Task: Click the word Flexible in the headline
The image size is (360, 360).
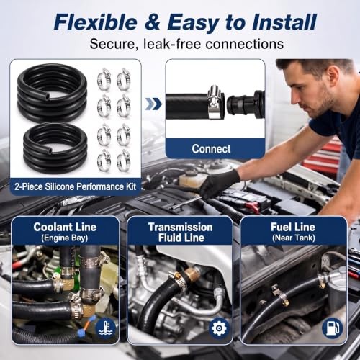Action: tap(96, 22)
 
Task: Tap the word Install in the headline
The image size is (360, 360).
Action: tap(284, 22)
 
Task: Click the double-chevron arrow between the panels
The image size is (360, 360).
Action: tap(153, 104)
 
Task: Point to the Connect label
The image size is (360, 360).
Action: tap(211, 149)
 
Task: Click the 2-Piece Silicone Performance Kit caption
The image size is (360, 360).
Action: tap(75, 186)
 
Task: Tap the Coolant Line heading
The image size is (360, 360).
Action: tap(65, 227)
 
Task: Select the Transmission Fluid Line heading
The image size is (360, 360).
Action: tap(181, 233)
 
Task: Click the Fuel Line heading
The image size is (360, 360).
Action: tap(293, 227)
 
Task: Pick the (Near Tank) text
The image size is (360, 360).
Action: tap(294, 238)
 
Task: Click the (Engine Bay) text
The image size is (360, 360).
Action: tap(64, 238)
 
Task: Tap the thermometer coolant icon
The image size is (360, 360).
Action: tap(106, 328)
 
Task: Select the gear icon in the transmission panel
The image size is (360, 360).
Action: tap(219, 328)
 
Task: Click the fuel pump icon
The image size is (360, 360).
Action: tap(332, 328)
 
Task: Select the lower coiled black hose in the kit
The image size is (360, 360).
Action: tap(55, 148)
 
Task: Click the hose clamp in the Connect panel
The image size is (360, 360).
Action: tap(215, 102)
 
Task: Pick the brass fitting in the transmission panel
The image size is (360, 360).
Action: tap(192, 274)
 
